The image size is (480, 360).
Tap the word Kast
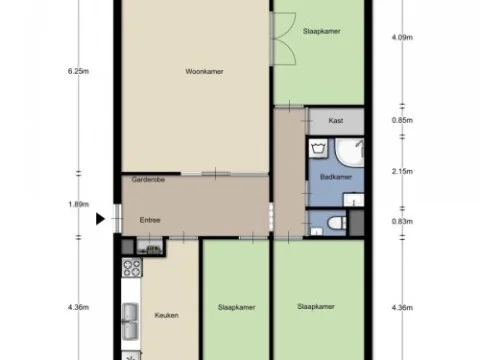(336, 120)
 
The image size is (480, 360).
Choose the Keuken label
(166, 315)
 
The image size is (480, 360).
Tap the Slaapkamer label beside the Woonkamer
(321, 32)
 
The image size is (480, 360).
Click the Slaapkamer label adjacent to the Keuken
(237, 308)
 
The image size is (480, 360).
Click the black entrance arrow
(100, 219)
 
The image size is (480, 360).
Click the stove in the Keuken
(130, 267)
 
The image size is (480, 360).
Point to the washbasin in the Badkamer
(352, 154)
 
